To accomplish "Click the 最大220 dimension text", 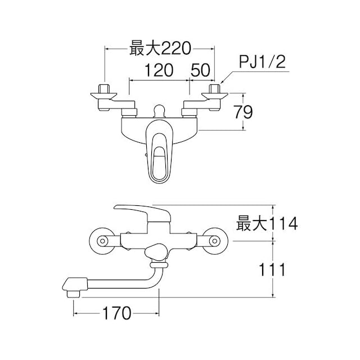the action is (160, 48).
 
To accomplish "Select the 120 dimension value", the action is (159, 70).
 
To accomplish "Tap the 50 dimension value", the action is (200, 70).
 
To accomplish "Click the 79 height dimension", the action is (243, 112).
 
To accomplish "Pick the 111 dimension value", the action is (272, 269).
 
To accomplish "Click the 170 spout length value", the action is (116, 313).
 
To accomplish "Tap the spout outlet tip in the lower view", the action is (73, 294).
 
